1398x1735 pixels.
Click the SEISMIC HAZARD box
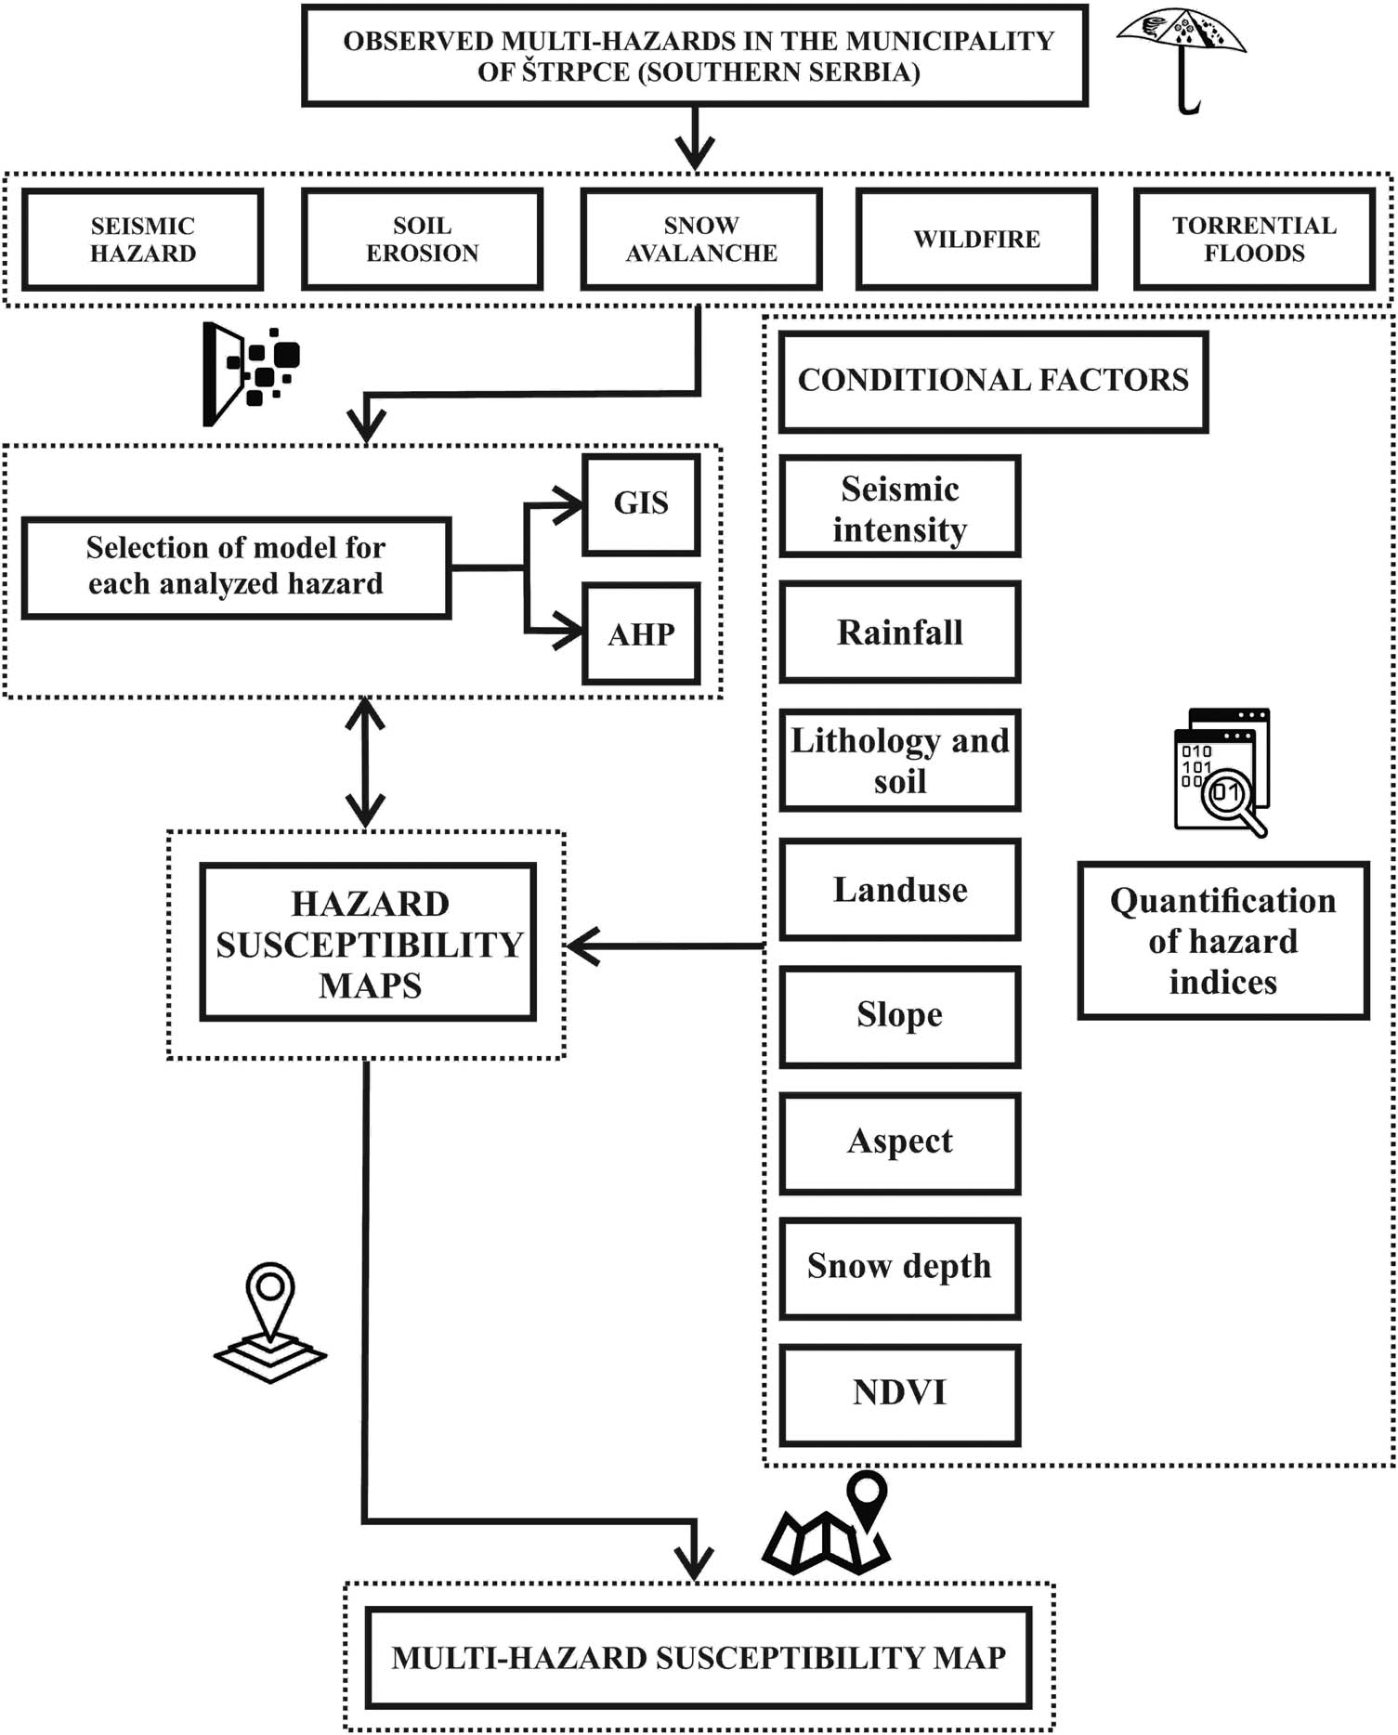[x=143, y=240]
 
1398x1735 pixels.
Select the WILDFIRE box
[x=976, y=240]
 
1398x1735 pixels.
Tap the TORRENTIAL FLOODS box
[x=1254, y=240]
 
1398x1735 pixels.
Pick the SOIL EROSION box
[x=423, y=240]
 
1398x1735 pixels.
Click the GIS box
[x=641, y=503]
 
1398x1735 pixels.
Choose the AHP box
[x=641, y=634]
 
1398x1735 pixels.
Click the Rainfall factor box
[x=899, y=633]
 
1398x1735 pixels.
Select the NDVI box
[x=899, y=1393]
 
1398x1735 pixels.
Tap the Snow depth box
[x=899, y=1267]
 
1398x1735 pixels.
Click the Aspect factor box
[x=899, y=1141]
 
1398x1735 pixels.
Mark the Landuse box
[x=899, y=890]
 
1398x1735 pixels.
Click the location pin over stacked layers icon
[x=270, y=1322]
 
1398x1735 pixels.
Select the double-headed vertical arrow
[x=365, y=762]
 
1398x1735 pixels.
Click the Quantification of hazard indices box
[x=1222, y=941]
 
